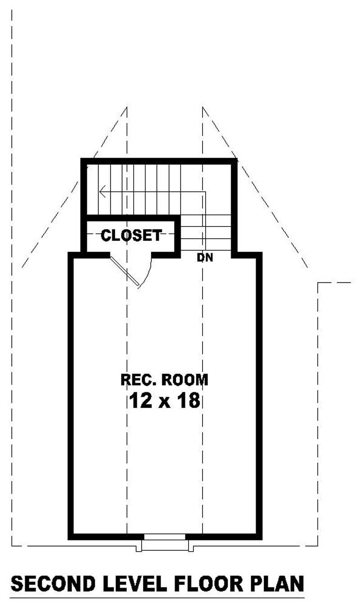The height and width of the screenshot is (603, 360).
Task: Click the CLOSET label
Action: (x=131, y=235)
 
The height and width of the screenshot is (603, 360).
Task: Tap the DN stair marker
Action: (x=205, y=258)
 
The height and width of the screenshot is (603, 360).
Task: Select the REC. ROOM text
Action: (x=164, y=380)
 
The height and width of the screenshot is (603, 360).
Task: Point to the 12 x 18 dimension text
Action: (x=164, y=400)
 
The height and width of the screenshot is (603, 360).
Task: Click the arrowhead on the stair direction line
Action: (x=102, y=192)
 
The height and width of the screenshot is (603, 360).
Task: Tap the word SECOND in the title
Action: (x=53, y=584)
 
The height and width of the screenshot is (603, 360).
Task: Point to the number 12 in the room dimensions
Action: (x=140, y=400)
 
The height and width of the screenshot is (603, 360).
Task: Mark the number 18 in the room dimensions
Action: (x=188, y=400)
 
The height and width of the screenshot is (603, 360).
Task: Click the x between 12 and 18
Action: (x=164, y=402)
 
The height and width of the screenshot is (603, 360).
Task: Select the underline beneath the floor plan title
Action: (x=157, y=598)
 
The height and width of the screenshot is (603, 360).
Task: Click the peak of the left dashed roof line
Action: (x=127, y=107)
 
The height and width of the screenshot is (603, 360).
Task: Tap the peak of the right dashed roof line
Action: (x=203, y=107)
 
